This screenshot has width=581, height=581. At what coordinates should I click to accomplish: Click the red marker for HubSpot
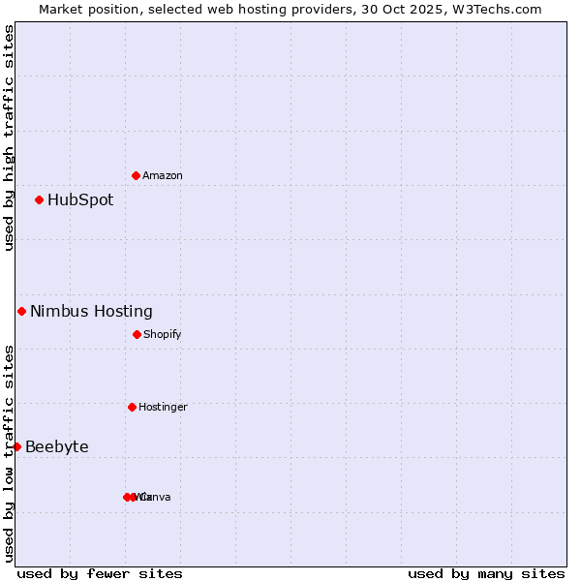40,200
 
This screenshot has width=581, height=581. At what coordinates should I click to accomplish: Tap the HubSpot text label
80,200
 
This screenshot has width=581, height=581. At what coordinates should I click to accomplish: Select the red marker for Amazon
137,175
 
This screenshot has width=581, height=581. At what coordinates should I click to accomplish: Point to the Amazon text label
163,176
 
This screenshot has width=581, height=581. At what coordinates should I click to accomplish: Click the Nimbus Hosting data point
22,311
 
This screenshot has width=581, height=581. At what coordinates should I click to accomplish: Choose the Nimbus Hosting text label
91,312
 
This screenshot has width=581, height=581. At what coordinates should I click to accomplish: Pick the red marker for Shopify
137,334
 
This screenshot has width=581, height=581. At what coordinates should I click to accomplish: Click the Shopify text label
163,335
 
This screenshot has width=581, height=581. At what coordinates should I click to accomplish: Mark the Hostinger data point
132,407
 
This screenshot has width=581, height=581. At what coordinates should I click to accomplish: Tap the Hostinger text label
163,408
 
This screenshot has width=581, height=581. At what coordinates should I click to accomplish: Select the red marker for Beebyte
16,446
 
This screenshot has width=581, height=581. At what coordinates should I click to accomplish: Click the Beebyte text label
57,447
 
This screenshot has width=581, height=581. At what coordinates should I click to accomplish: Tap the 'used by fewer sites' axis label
100,573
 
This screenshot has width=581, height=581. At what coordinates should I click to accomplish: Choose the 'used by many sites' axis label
486,573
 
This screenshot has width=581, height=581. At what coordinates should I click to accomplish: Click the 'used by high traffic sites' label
9,138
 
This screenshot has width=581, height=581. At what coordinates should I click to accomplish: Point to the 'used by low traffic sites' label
9,453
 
